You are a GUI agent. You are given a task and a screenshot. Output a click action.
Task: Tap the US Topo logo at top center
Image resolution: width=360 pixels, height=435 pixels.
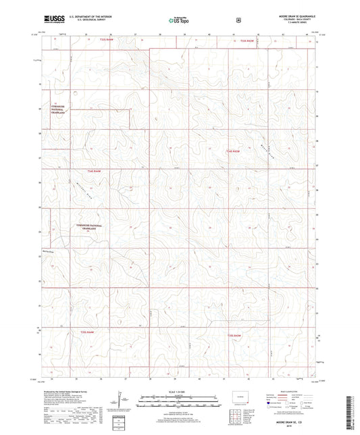179,21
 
